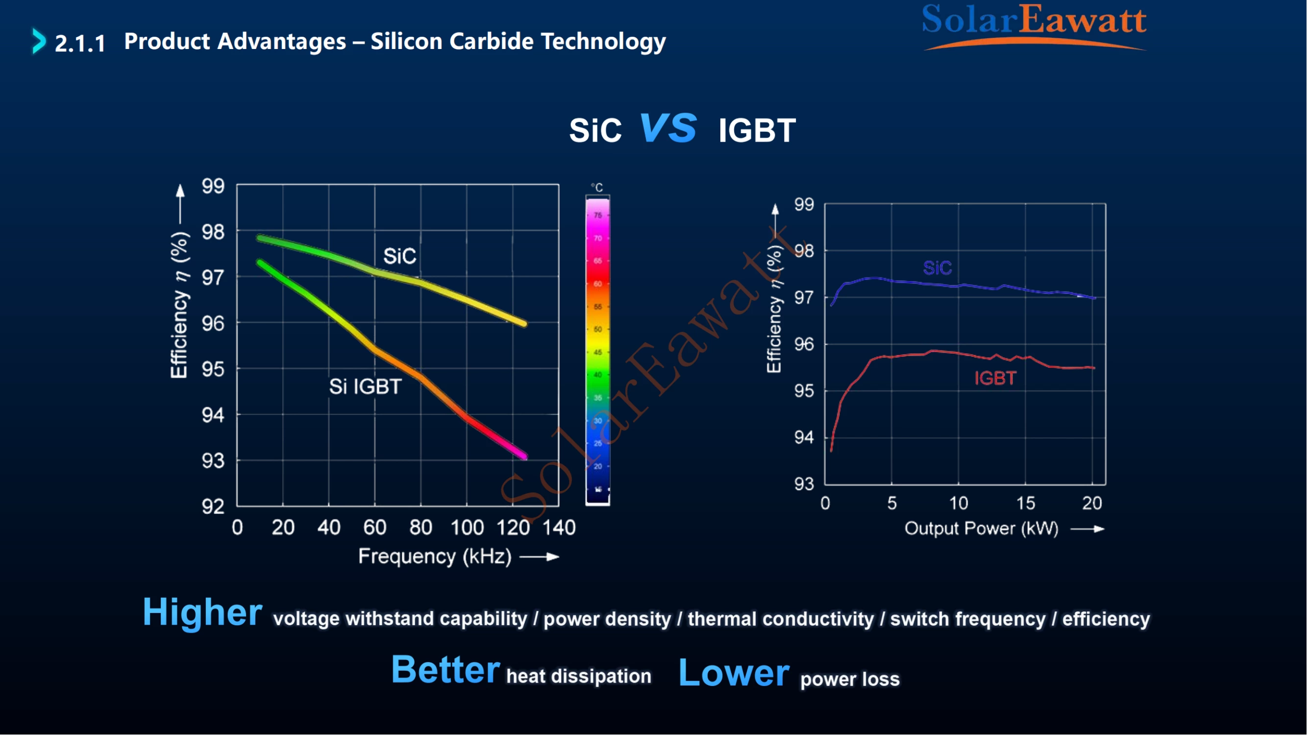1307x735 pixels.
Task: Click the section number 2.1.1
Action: [80, 43]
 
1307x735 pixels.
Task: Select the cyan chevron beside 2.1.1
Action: [39, 41]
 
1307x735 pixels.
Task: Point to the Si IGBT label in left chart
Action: [365, 387]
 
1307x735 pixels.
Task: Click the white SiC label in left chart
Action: [400, 256]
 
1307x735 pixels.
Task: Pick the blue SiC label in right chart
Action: [937, 268]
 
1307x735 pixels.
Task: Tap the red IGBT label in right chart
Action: [995, 378]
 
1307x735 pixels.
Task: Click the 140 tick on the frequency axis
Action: [559, 528]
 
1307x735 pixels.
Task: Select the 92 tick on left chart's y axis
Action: [213, 506]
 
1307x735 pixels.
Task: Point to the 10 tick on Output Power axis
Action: [959, 503]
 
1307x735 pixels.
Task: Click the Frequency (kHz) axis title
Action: [435, 557]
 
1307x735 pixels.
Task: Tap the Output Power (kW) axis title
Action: [981, 529]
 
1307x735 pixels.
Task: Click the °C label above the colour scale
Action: [597, 188]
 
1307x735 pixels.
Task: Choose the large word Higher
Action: [202, 612]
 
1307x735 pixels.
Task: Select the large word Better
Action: [445, 669]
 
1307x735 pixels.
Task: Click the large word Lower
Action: [734, 673]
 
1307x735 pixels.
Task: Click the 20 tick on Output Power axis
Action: [1092, 503]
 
